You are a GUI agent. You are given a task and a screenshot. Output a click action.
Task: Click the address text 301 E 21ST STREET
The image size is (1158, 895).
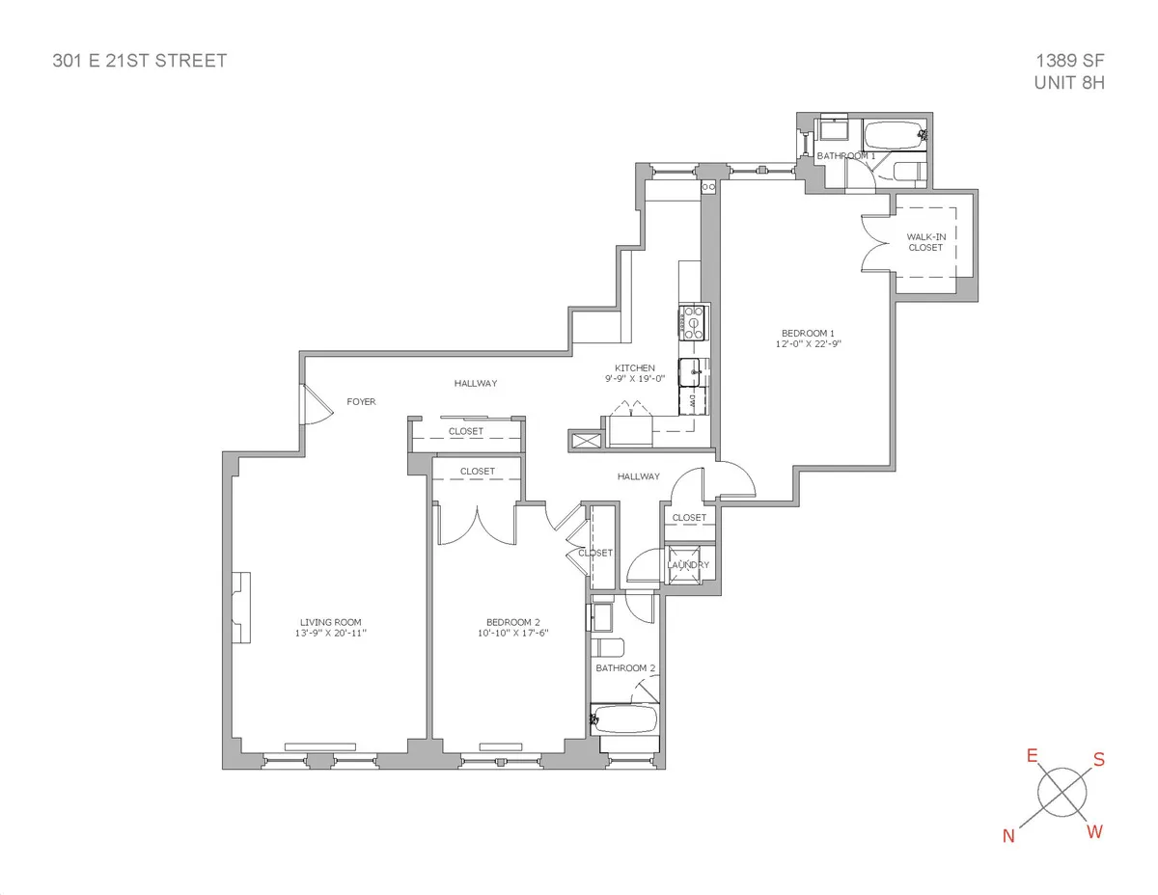click(139, 61)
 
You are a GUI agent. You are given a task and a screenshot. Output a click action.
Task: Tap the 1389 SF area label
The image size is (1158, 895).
click(1069, 61)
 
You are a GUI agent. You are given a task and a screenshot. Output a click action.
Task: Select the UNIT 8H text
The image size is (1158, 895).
click(1067, 83)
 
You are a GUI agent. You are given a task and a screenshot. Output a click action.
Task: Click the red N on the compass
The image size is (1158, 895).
click(1009, 836)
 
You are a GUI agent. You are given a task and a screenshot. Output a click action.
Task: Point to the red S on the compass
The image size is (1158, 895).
click(1098, 759)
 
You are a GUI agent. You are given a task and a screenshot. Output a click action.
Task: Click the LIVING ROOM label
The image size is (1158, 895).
click(330, 622)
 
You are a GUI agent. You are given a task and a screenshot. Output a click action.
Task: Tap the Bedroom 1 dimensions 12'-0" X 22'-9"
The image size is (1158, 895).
click(808, 343)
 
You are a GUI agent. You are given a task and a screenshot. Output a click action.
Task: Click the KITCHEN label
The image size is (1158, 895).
click(635, 367)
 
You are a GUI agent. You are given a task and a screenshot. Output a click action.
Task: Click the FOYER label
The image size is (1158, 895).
click(361, 401)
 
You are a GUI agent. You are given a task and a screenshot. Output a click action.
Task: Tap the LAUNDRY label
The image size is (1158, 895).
click(689, 565)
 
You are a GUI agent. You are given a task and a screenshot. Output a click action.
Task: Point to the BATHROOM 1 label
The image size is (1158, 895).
click(845, 155)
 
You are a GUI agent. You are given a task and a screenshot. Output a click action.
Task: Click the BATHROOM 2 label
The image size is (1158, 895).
click(625, 667)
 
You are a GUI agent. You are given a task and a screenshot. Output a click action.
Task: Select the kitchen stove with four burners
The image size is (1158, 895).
click(693, 322)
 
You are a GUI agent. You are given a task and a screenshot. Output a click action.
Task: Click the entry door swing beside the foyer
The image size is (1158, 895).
click(315, 405)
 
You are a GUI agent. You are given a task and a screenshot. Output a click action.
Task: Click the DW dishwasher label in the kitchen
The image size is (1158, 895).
click(693, 399)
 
